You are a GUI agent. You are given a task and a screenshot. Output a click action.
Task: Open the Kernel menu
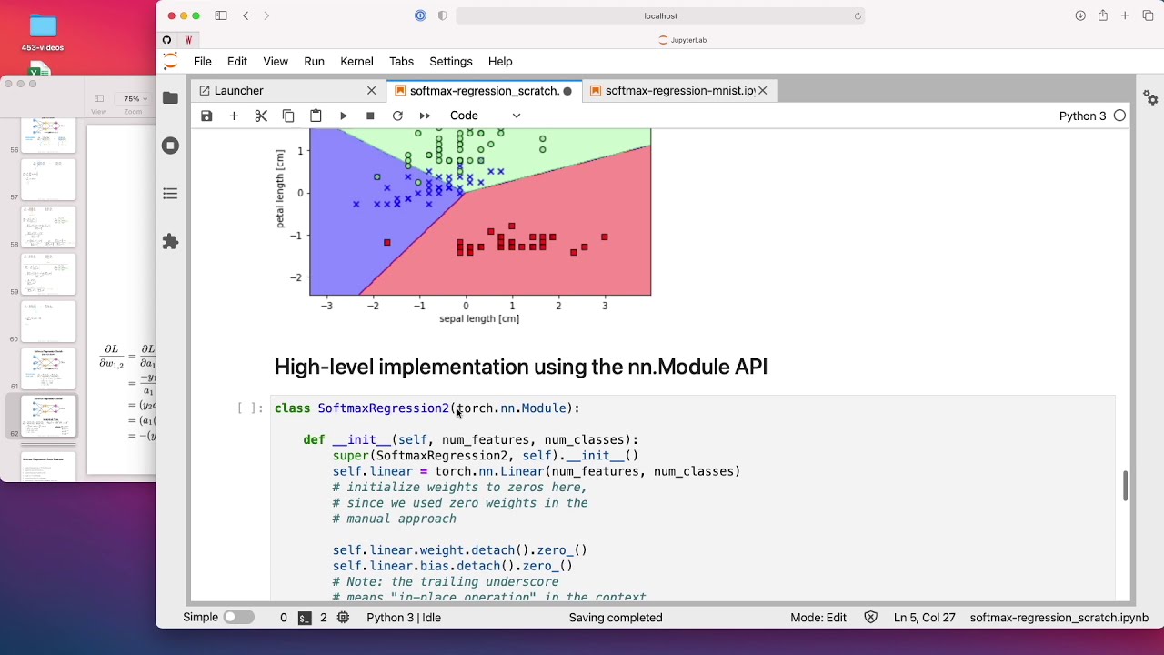coord(356,61)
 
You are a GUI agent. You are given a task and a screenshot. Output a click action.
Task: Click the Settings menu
coord(450,61)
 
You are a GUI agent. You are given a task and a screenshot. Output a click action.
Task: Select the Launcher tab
coord(238,91)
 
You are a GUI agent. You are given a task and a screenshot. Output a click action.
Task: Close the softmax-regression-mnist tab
coord(763,91)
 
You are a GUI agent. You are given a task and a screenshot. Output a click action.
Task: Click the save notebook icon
coord(206,116)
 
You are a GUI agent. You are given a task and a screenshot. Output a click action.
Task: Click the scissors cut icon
coord(261,116)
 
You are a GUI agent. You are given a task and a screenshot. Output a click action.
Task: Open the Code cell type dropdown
coord(485,116)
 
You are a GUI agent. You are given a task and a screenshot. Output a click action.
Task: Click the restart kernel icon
coord(397,116)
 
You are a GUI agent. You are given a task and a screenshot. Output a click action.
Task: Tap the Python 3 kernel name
coord(1082,116)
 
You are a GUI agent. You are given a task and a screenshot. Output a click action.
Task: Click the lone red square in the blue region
coord(387,242)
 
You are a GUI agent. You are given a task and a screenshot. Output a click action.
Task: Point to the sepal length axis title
coord(479,319)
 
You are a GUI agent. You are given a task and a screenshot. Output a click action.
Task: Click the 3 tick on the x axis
coord(605,306)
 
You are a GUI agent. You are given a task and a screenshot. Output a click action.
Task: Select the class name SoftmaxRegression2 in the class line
coord(383,408)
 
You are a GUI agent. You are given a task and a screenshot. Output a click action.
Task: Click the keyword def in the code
coord(314,440)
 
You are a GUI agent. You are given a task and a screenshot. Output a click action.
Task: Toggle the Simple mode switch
coord(238,617)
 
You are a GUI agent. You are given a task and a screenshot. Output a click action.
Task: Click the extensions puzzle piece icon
coord(170,242)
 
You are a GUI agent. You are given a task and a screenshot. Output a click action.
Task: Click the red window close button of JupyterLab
coord(171,15)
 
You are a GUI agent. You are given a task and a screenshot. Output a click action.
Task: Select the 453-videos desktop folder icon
coord(43,27)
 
